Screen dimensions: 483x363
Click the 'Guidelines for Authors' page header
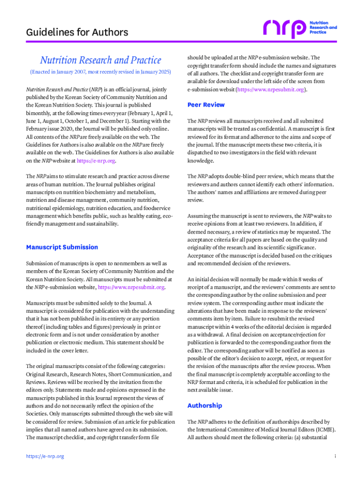click(77, 33)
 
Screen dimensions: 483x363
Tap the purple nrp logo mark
click(285, 29)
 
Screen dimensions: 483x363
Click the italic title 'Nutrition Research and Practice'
click(100, 60)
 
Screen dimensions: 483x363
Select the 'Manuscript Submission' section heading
click(62, 247)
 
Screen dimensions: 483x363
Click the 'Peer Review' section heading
click(206, 105)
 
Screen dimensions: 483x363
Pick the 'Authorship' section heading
click(205, 406)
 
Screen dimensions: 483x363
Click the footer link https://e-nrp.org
click(45, 457)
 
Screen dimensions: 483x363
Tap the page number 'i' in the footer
click(335, 457)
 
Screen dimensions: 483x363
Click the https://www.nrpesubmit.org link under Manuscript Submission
click(131, 287)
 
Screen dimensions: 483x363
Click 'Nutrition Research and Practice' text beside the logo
click(323, 27)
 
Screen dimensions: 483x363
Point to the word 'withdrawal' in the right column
click(209, 335)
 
